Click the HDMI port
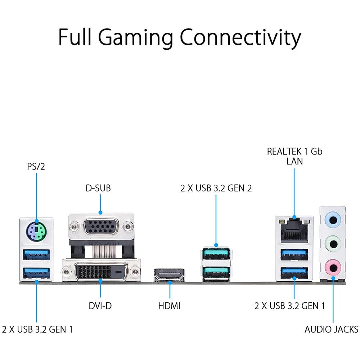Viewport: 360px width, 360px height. [x=170, y=275]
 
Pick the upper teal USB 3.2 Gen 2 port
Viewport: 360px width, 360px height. [x=216, y=254]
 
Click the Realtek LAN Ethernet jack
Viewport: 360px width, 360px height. [x=294, y=231]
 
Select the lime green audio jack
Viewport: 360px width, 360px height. [x=333, y=244]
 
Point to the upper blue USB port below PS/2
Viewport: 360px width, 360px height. [x=36, y=255]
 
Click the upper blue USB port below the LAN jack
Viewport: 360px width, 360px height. [x=294, y=255]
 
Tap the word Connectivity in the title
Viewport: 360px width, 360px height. [x=240, y=37]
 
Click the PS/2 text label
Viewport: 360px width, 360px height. [x=36, y=166]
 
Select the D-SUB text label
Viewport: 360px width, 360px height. [x=98, y=188]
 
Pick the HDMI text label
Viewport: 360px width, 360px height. [x=169, y=306]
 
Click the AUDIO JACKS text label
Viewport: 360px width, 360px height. [x=331, y=329]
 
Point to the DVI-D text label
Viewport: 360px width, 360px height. [x=100, y=306]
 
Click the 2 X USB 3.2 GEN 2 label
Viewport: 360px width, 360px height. [x=216, y=188]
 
